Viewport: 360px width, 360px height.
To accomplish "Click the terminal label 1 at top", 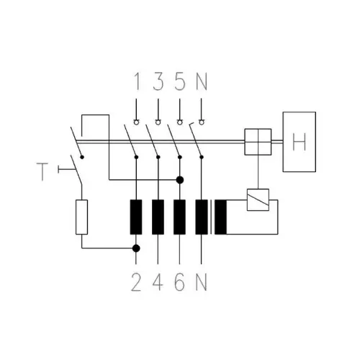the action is point(138,81).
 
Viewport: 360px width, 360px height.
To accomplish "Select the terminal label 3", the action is point(158,81).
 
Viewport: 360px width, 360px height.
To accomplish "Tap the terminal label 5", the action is point(180,81).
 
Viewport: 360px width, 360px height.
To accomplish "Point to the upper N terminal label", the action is point(202,81).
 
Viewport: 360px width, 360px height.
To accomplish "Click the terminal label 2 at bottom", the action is point(136,282).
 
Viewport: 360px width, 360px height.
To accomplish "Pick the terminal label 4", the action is point(158,282).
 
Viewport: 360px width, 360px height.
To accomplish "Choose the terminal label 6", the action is point(180,282).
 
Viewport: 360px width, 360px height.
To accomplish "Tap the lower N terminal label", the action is point(202,282).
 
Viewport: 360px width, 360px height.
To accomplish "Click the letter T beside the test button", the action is point(42,171).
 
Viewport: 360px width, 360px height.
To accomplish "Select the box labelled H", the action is point(300,142).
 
